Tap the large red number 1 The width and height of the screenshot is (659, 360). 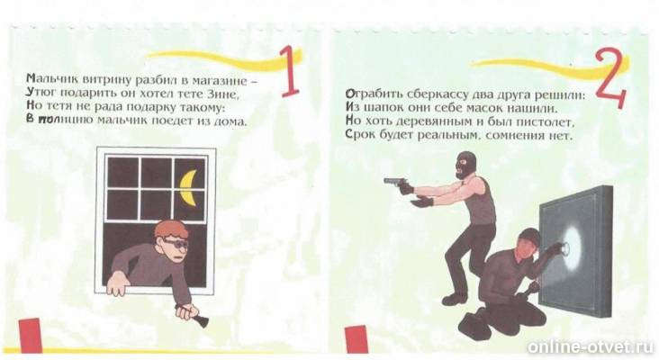pyautogui.click(x=290, y=72)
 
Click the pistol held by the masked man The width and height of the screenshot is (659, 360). pyautogui.click(x=396, y=184)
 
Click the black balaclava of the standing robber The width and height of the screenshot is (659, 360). pyautogui.click(x=466, y=164)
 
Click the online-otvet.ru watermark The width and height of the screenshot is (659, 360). pyautogui.click(x=590, y=347)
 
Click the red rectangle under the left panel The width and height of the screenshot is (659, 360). pyautogui.click(x=31, y=335)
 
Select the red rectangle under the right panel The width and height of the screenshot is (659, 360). pyautogui.click(x=357, y=339)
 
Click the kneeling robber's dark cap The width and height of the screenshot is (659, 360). pyautogui.click(x=530, y=236)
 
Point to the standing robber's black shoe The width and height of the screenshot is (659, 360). pyautogui.click(x=455, y=299)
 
